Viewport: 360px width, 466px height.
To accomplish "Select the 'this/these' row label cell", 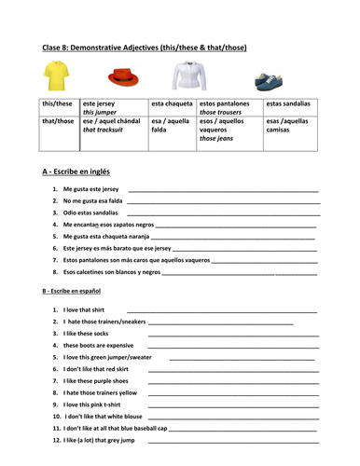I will click(59, 105).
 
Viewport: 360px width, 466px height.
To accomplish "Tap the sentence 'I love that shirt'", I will click(83, 309).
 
